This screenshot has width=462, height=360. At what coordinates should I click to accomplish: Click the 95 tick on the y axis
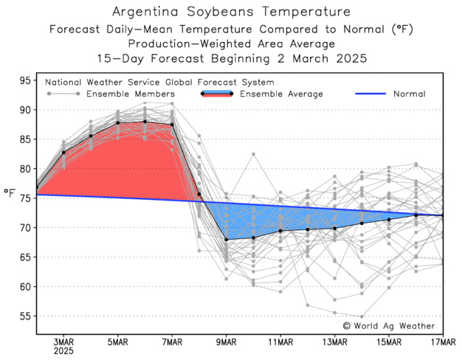[x=24, y=80]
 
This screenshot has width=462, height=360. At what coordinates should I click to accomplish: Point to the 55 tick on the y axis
[x=24, y=316]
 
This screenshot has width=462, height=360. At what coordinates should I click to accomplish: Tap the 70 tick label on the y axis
[x=24, y=228]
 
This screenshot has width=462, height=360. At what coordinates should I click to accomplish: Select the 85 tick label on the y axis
[x=24, y=139]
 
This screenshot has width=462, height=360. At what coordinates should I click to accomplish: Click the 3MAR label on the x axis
[x=63, y=342]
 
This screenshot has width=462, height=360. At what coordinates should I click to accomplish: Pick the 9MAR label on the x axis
[x=226, y=342]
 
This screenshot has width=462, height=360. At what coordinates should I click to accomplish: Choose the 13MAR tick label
[x=334, y=342]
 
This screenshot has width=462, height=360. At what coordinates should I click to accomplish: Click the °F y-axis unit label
[x=10, y=193]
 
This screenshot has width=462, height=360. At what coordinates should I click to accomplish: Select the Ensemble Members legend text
[x=130, y=94]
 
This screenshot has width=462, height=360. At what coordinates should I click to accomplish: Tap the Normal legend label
[x=409, y=94]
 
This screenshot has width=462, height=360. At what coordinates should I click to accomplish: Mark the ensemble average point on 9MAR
[x=226, y=240]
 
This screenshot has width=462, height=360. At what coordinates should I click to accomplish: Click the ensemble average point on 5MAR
[x=118, y=123]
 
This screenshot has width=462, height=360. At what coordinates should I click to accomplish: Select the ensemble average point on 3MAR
[x=63, y=153]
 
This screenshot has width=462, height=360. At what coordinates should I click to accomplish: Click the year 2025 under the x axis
[x=63, y=351]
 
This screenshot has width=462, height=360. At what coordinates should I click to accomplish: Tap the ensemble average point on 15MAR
[x=389, y=220]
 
